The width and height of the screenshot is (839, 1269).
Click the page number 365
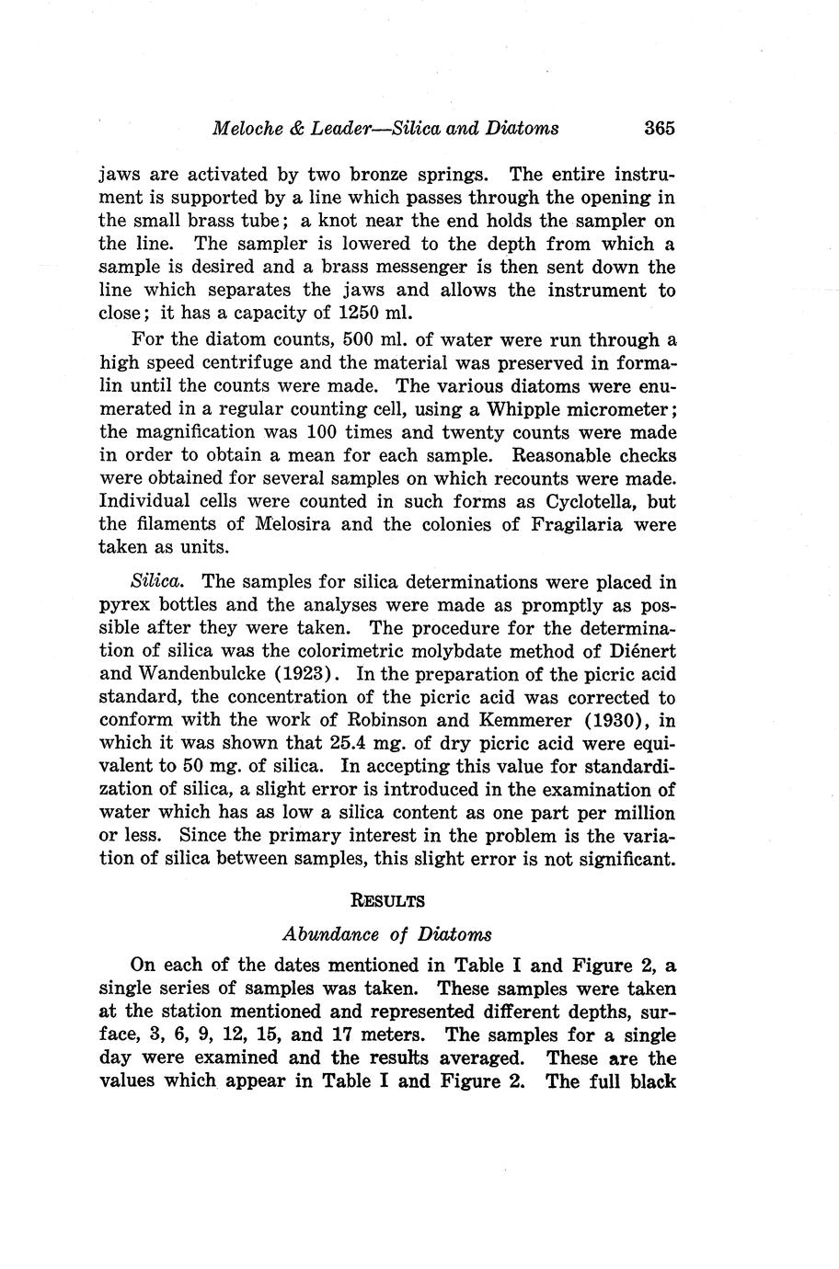pyautogui.click(x=660, y=128)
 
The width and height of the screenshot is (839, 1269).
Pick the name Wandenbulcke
pyautogui.click(x=195, y=675)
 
